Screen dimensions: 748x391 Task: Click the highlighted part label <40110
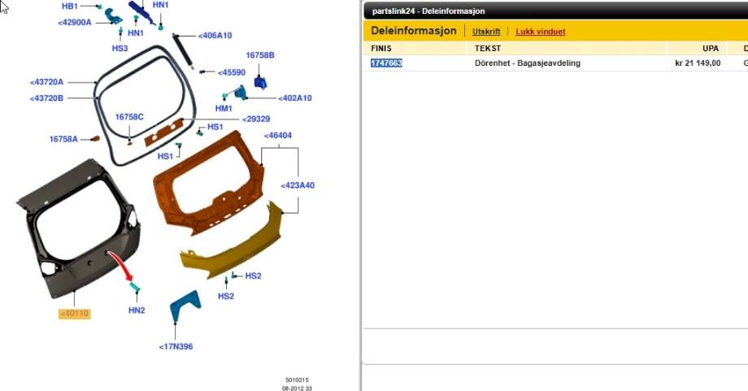(75, 313)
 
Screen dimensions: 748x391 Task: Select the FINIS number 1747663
(386, 63)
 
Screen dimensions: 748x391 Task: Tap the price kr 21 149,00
(698, 63)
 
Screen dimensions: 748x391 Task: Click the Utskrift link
(486, 32)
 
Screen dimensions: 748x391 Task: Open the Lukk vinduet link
(541, 32)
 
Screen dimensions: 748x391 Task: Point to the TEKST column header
(488, 48)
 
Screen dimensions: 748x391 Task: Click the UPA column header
(711, 48)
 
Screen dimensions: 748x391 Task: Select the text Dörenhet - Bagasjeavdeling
(528, 63)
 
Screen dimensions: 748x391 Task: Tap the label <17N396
(176, 346)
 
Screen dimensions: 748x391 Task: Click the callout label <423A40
(298, 185)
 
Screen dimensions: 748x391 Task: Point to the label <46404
(277, 136)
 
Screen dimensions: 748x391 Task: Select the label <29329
(255, 119)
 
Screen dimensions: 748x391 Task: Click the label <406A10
(215, 35)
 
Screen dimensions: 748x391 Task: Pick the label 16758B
(260, 55)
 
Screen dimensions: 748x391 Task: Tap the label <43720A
(46, 82)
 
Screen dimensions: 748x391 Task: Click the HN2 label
(137, 311)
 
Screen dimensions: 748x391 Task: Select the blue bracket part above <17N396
(185, 306)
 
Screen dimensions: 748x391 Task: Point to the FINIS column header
(381, 48)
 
